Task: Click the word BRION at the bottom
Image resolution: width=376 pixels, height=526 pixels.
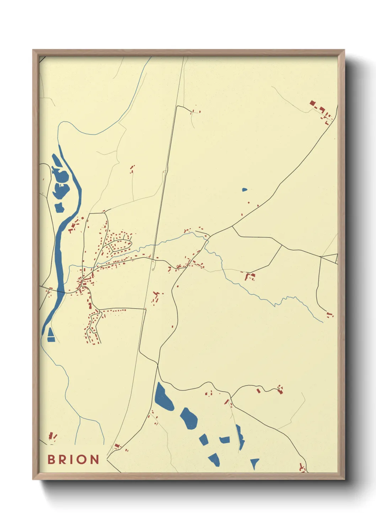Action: [73, 459]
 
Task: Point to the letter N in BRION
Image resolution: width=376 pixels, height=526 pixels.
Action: [94, 459]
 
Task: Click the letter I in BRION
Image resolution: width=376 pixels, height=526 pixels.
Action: [72, 459]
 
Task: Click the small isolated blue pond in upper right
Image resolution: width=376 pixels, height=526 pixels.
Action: [245, 190]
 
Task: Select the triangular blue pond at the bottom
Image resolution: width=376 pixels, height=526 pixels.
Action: [254, 463]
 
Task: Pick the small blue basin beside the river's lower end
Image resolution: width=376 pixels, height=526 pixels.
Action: [51, 335]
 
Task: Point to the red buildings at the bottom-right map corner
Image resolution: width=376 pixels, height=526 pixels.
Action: [302, 468]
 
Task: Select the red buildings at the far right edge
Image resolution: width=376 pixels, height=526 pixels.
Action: [330, 315]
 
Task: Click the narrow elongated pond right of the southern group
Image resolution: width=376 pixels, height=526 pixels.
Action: [240, 437]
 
